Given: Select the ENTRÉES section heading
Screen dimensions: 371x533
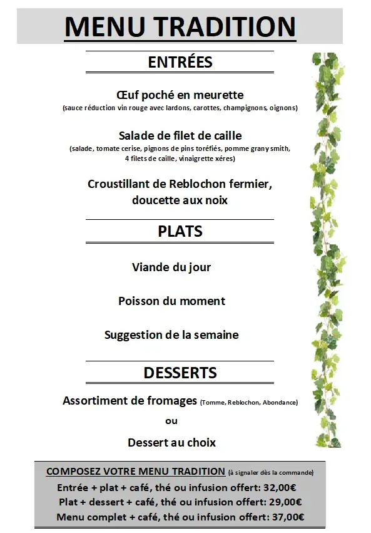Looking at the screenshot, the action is coord(180,62).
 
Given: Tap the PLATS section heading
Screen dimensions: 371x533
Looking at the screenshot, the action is coord(180,231).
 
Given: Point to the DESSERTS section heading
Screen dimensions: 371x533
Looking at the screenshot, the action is coord(180,373).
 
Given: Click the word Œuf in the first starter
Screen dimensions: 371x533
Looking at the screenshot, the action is coord(127,95).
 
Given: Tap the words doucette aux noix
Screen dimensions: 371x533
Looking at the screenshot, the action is coord(180,200).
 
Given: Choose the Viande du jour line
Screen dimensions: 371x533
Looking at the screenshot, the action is coord(171,267).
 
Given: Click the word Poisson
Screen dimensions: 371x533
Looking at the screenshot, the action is coord(139,301).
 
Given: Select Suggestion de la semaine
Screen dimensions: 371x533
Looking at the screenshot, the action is coord(171,335).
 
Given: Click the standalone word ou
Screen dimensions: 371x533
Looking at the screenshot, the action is coord(171,421).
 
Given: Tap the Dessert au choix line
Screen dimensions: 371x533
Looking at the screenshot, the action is coord(171,443).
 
